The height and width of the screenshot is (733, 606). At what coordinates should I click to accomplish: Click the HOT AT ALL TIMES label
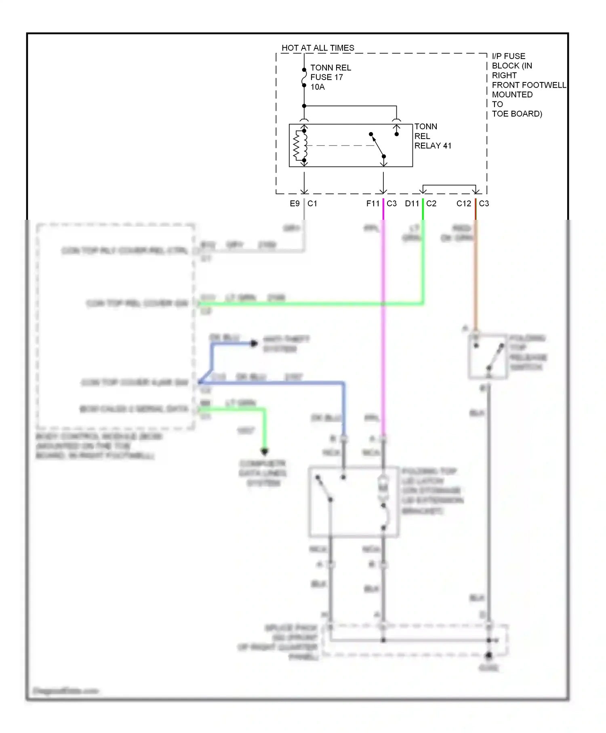pos(318,48)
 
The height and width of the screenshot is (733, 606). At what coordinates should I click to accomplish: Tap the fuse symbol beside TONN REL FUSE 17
pos(304,78)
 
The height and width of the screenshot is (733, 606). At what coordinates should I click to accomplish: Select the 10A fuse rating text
pos(318,87)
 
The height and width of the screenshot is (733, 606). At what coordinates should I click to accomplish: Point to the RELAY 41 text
pos(433,146)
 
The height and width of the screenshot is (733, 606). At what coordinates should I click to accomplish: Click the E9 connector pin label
pos(295,204)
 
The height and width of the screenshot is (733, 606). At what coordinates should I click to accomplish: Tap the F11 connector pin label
pos(372,204)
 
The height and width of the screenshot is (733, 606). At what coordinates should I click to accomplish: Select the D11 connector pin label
pos(412,204)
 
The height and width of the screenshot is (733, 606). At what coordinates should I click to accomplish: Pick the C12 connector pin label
pos(463,204)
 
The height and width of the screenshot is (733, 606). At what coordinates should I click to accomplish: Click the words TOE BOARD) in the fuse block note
pos(517,114)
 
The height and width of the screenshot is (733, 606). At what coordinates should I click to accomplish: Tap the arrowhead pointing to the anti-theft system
pos(254,343)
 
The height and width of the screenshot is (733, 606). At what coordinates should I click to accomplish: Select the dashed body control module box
pos(115,325)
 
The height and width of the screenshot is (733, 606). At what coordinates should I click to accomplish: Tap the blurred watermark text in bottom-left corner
pos(66,691)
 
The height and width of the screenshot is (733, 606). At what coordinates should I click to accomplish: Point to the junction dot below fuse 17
pos(304,106)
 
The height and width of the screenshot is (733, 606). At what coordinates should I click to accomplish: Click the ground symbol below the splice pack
pos(488,655)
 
